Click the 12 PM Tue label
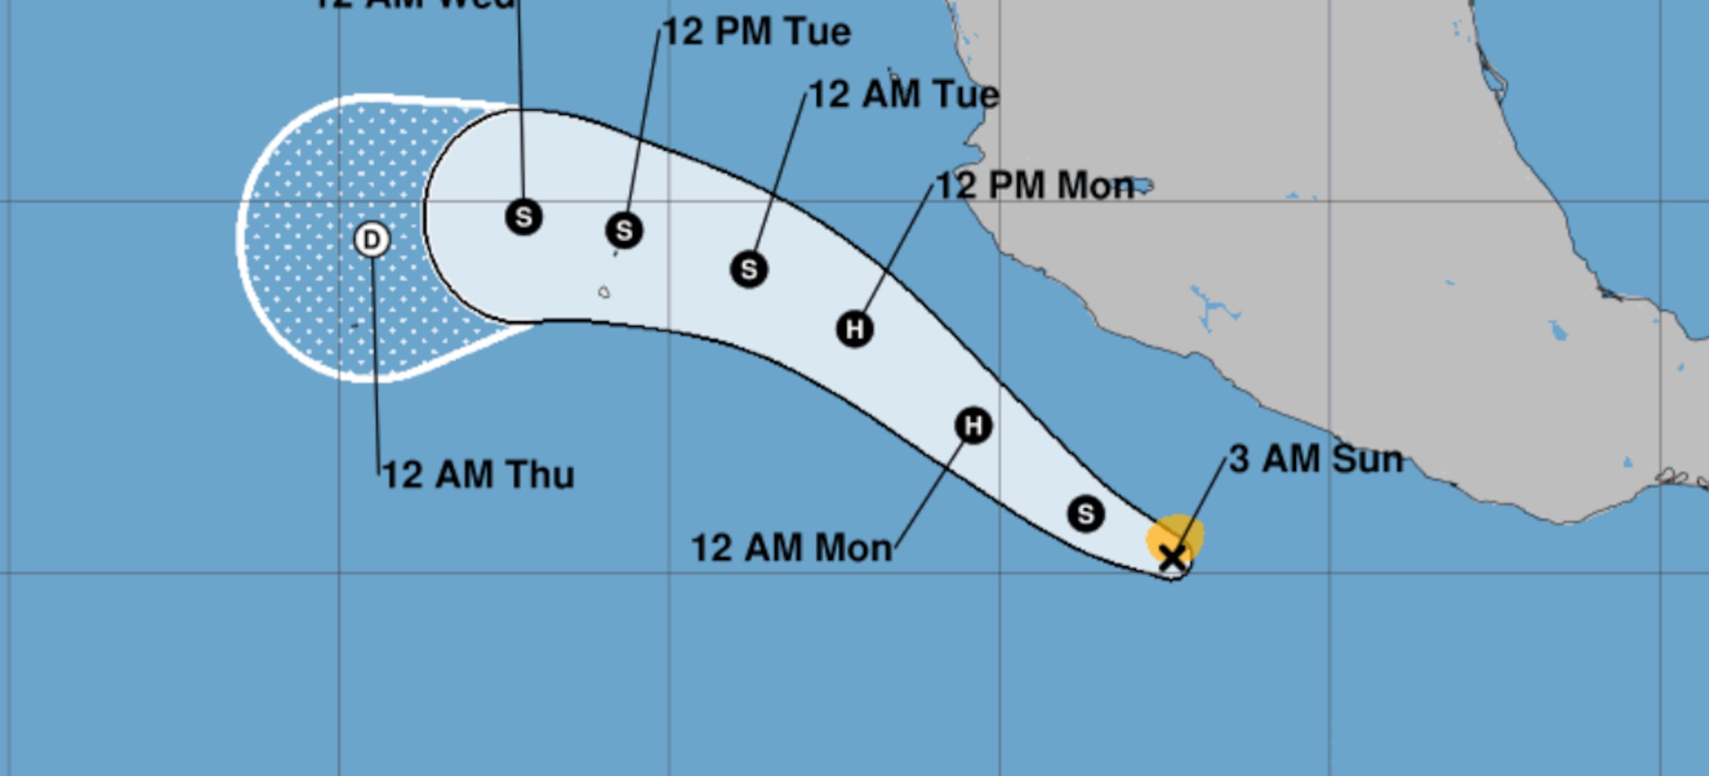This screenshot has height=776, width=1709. (757, 32)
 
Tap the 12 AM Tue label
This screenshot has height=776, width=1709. (904, 94)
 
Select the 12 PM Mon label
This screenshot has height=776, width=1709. (1035, 186)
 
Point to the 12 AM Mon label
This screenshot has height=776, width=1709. (792, 548)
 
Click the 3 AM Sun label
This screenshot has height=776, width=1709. (1316, 459)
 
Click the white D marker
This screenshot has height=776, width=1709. (372, 240)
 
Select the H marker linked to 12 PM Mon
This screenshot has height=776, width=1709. (854, 329)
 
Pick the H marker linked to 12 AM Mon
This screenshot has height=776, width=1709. (973, 425)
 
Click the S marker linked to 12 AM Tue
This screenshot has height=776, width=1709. (749, 269)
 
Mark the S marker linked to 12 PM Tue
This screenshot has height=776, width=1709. (624, 230)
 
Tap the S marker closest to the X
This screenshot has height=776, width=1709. (1085, 514)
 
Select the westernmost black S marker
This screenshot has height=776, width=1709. (524, 217)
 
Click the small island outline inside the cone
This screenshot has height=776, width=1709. (604, 292)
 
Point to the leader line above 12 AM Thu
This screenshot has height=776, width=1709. (375, 361)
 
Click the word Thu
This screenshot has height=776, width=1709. (540, 475)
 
